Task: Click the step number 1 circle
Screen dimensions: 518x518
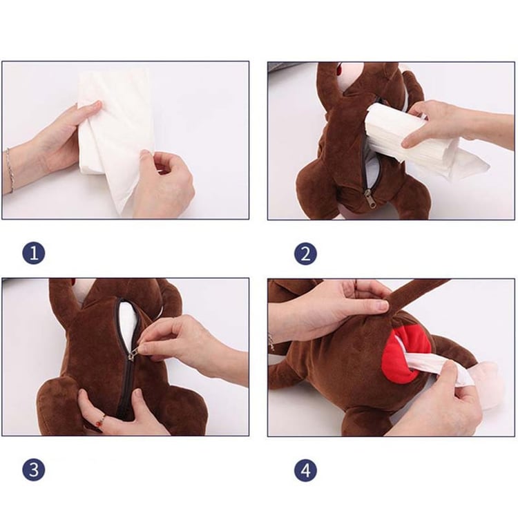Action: tap(34, 253)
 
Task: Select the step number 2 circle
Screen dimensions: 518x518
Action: tap(305, 253)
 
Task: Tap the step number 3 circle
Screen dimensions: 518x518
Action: tap(34, 470)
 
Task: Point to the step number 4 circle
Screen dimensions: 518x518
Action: tap(305, 470)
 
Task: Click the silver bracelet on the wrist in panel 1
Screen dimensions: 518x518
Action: tap(10, 170)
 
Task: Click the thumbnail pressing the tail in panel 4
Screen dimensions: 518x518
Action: tap(383, 307)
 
